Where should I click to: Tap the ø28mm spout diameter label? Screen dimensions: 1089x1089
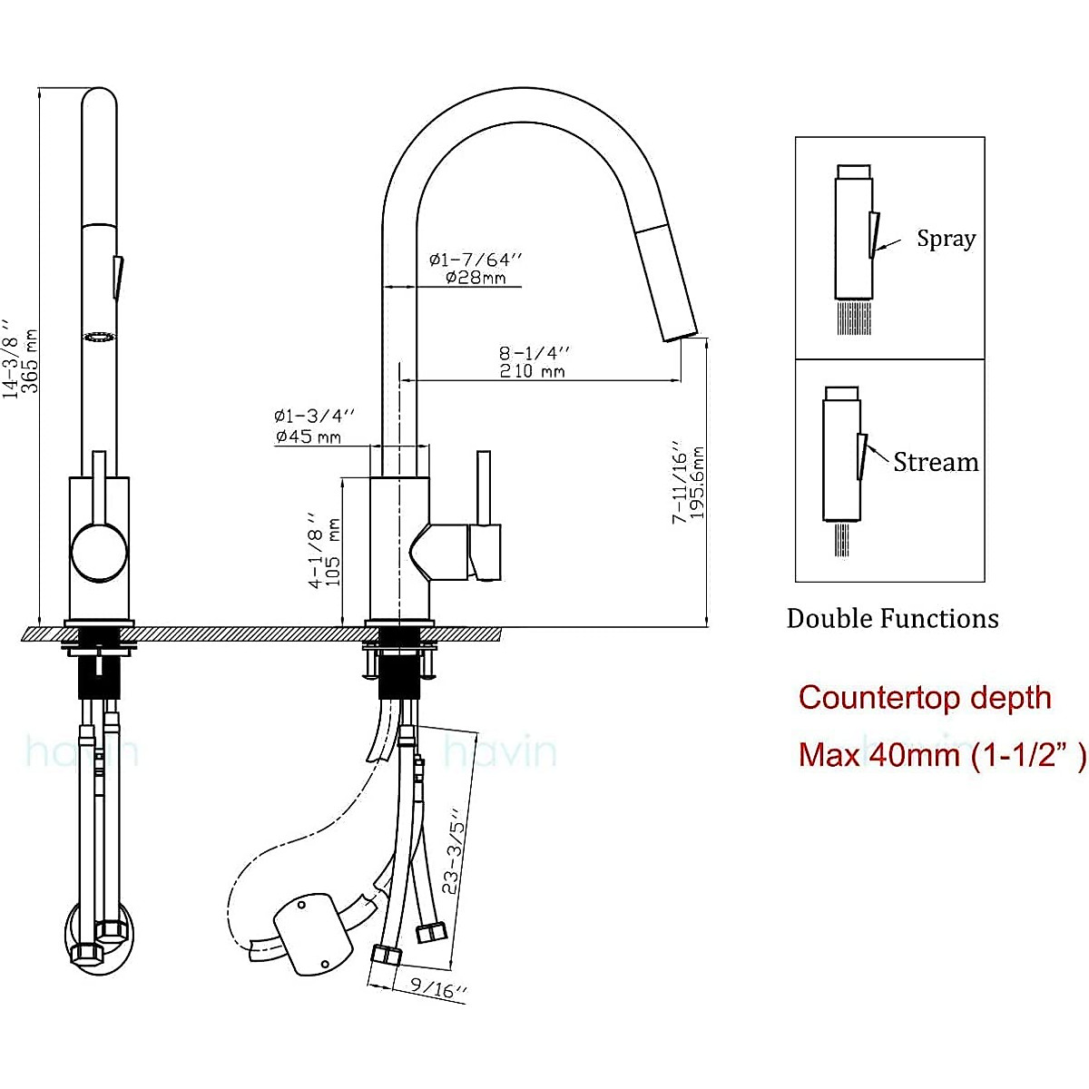click(x=476, y=278)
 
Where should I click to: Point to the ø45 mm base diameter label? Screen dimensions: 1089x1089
click(x=309, y=437)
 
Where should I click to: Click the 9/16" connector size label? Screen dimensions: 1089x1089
click(x=437, y=987)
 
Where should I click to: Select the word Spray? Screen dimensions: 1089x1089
click(x=946, y=239)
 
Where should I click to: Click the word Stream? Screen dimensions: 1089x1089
click(x=936, y=462)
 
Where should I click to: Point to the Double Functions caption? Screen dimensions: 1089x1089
click(x=892, y=619)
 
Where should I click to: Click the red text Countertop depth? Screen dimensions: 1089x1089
click(x=925, y=698)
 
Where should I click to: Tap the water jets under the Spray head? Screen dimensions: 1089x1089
click(x=853, y=318)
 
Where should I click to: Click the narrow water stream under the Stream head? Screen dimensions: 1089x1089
click(x=841, y=539)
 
